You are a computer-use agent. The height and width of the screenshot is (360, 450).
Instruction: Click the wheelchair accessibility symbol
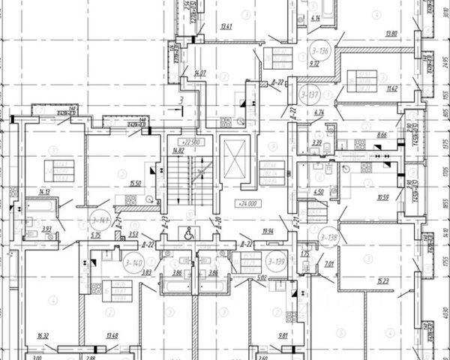pos(189,232)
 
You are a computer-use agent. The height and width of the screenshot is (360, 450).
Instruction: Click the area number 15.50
pos(135,184)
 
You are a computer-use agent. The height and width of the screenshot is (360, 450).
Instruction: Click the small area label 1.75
pos(306,254)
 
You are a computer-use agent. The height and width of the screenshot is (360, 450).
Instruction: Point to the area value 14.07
pos(199,73)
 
